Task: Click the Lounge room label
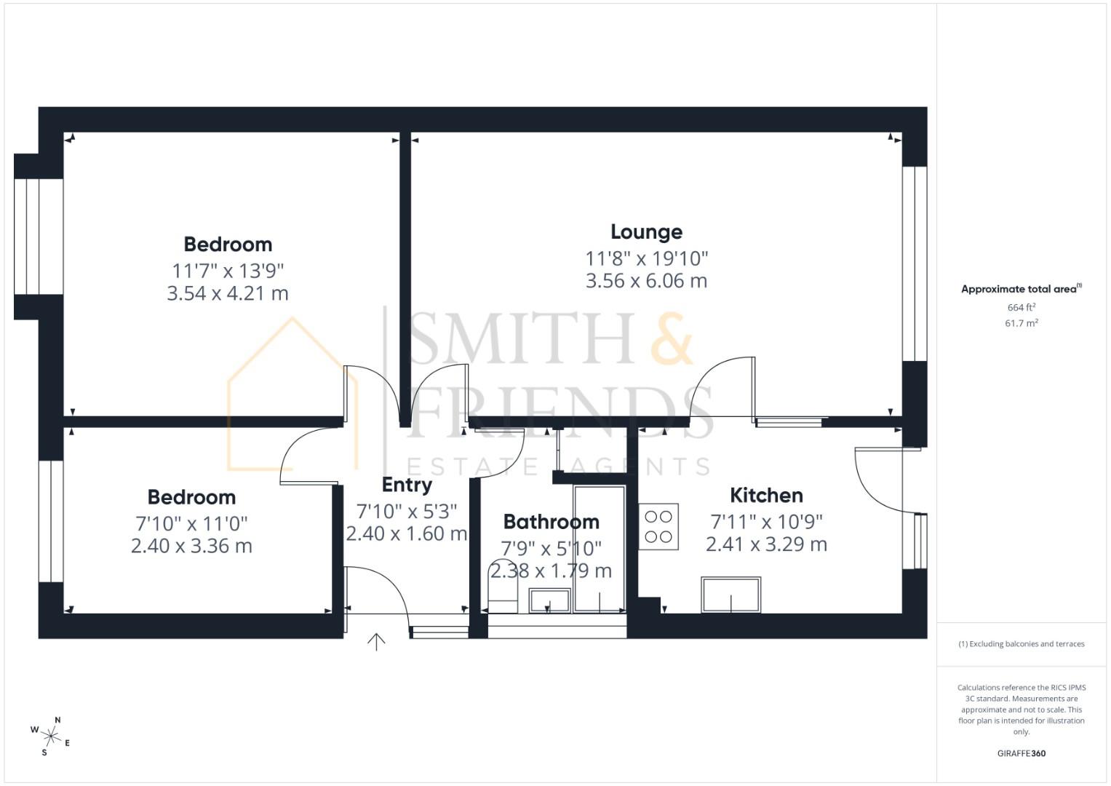coord(646,232)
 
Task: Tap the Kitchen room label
coord(766,496)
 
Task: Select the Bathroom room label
coord(551,522)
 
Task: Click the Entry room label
coord(407,485)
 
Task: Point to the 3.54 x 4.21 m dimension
coord(228,294)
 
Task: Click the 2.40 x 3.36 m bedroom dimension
coord(191,547)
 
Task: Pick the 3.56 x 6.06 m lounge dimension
coord(646,281)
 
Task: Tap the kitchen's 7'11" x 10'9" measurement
coord(766,522)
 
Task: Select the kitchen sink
coord(730,595)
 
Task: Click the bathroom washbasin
coord(549,600)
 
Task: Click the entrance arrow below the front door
coord(376,642)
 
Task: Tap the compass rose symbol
coord(52,735)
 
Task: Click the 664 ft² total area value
coord(1021,308)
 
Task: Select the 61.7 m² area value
coord(1021,323)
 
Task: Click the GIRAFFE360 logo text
coord(1021,753)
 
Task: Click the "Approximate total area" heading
coord(1020,289)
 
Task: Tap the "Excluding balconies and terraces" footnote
coord(1021,644)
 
